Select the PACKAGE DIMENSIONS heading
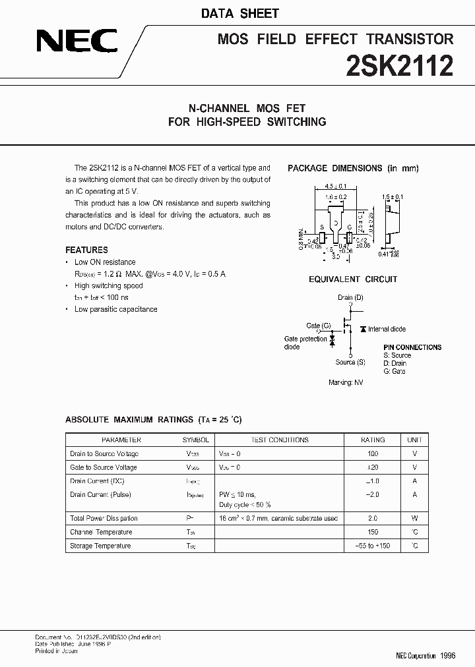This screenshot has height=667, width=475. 353,169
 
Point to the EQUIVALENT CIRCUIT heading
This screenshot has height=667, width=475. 353,279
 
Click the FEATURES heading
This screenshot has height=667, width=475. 86,250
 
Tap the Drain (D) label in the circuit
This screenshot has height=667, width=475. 350,298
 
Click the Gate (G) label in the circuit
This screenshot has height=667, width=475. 318,326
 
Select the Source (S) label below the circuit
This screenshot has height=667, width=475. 350,362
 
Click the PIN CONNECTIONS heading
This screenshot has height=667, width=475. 412,347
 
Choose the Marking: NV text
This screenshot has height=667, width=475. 346,382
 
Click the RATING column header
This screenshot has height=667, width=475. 373,440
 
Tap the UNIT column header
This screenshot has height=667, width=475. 414,440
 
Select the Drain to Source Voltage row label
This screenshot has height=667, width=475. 104,453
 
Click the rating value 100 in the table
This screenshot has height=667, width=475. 373,453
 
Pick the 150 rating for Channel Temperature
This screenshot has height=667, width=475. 373,532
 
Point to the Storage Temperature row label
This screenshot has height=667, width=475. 100,546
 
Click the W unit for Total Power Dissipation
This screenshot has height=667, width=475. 414,518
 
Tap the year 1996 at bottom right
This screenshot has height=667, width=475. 447,656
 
